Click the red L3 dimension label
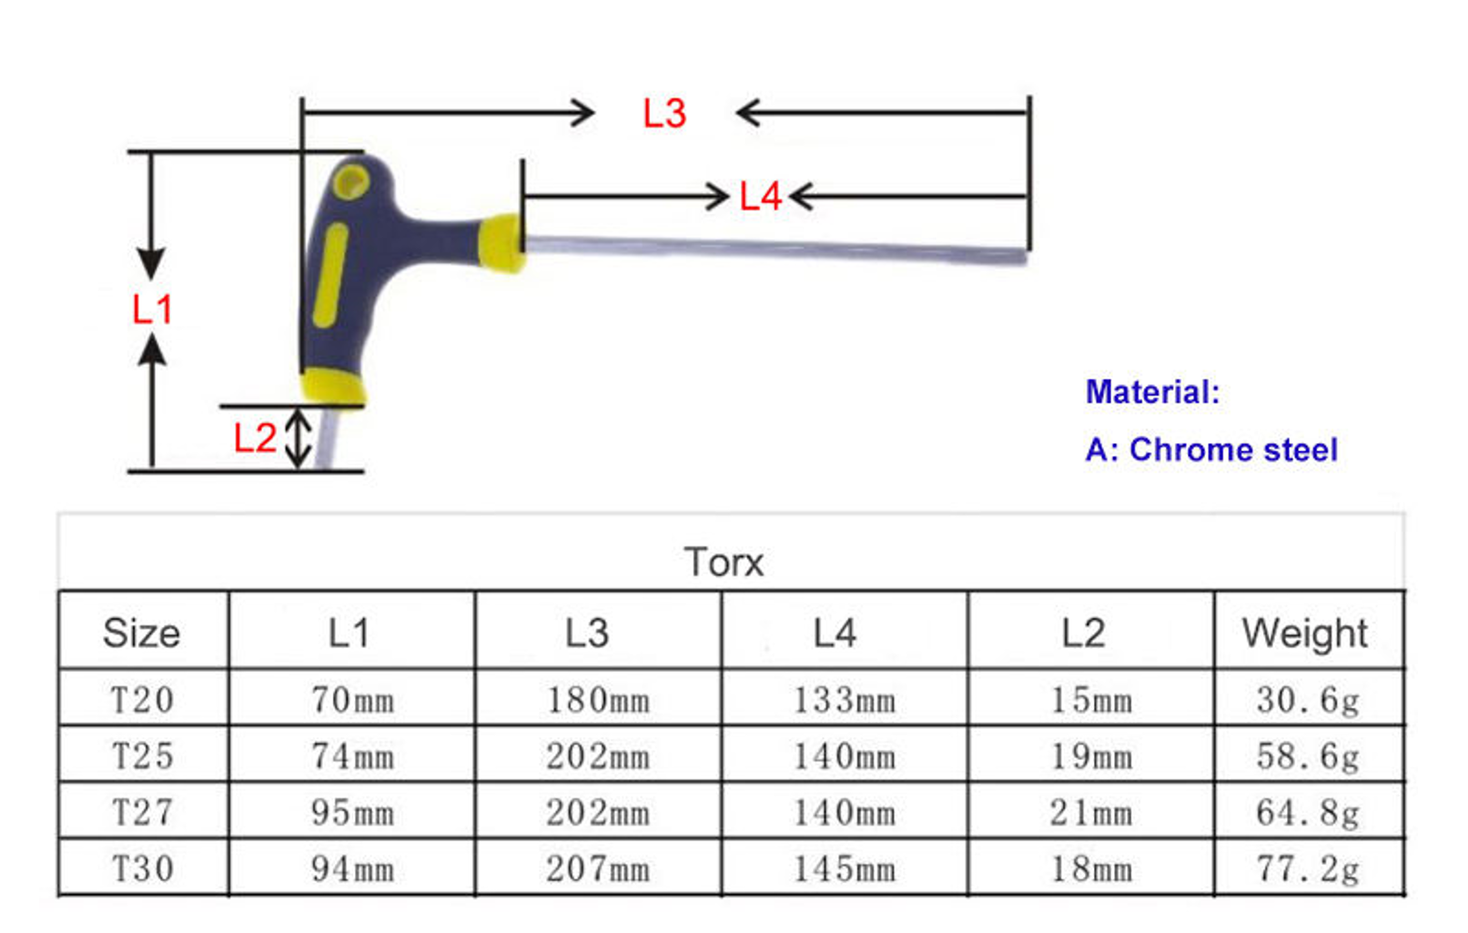coord(663,114)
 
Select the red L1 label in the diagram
coord(152,310)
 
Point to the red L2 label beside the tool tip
coord(254,439)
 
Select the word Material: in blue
coord(1152,392)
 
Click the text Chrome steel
coord(1233,450)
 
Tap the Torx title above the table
coord(724,563)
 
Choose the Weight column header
coord(1304,633)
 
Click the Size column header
coord(141,633)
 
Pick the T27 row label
coord(142,812)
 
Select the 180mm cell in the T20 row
coord(598,700)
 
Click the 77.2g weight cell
coord(1308,868)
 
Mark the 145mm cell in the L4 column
coord(844,868)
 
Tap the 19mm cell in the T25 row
coord(1090,756)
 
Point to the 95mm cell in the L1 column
coord(352,812)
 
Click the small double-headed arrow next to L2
coord(299,439)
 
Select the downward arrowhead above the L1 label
coord(151,263)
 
